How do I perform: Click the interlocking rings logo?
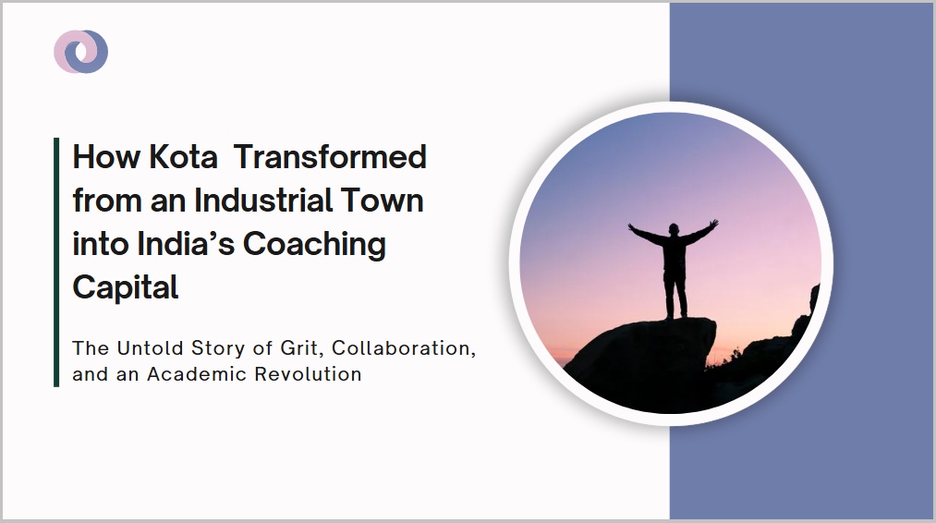click(80, 52)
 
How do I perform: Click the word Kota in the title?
click(183, 157)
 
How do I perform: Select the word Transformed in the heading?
click(330, 157)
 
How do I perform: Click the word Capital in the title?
click(126, 288)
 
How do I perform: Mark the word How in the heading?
click(106, 157)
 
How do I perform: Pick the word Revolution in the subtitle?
click(308, 374)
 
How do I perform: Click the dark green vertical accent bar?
click(56, 262)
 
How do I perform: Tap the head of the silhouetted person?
click(674, 229)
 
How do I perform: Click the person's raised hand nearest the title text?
click(632, 227)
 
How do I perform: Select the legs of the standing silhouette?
click(675, 294)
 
